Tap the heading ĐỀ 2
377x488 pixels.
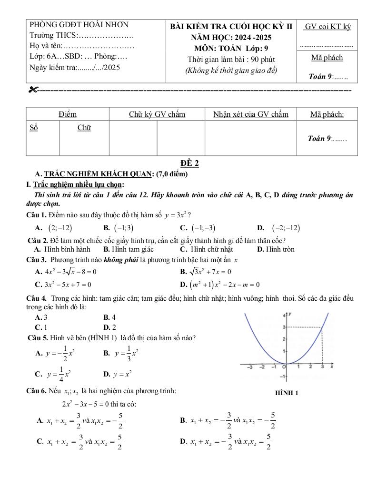tap(189, 163)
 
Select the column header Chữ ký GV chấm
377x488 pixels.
tap(157, 114)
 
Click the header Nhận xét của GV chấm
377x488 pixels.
tap(250, 114)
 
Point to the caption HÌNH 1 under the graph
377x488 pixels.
tap(287, 393)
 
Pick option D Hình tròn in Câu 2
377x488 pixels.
tap(276, 249)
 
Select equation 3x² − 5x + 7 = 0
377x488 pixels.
tap(63, 285)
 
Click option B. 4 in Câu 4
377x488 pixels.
tap(109, 317)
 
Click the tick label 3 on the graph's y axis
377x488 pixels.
tap(284, 327)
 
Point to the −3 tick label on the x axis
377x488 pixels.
tap(249, 367)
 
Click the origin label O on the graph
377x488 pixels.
tap(284, 367)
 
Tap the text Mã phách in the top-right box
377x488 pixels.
tap(327, 58)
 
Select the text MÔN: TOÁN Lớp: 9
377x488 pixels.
tap(231, 48)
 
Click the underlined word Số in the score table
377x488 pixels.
tap(33, 127)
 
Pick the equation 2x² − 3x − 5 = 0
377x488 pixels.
tap(89, 404)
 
